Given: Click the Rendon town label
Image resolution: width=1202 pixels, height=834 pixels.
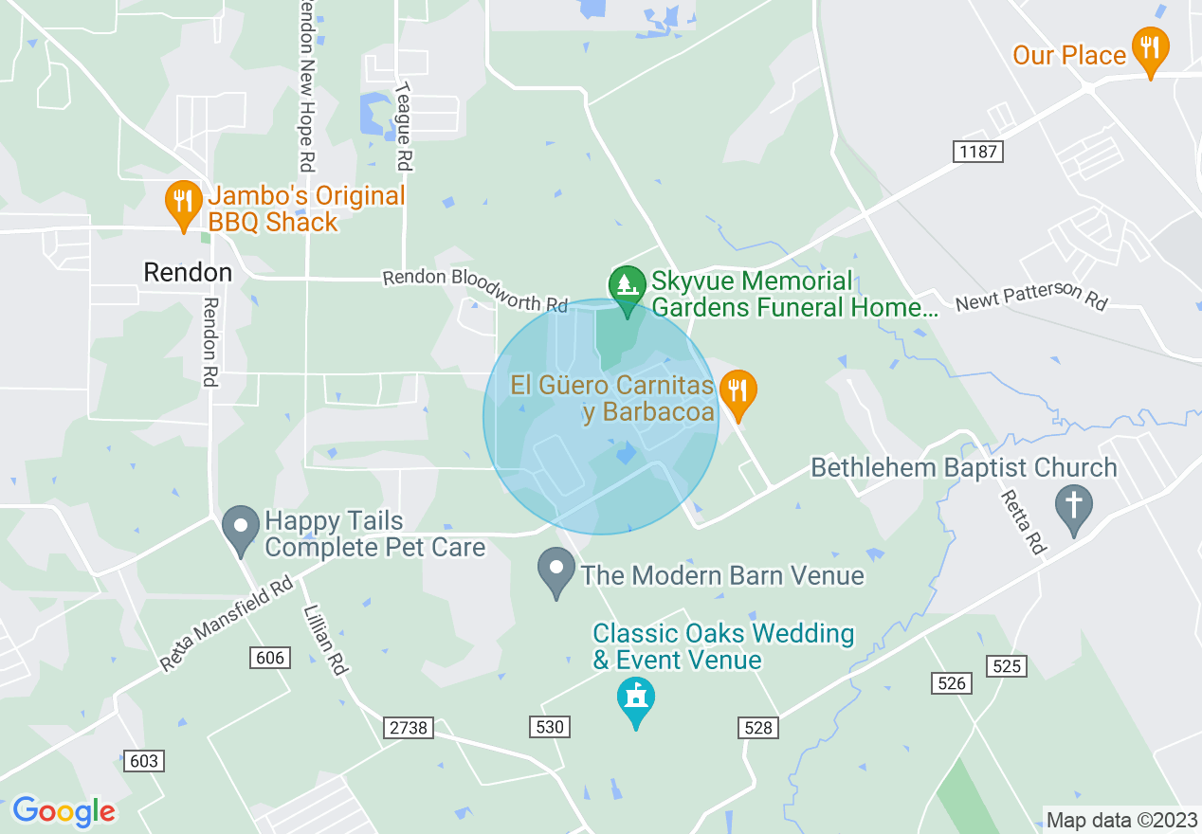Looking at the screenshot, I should click(188, 273).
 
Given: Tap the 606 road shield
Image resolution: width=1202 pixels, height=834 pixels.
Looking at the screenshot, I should click(270, 658).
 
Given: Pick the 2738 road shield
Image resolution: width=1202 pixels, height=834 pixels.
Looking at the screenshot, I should click(409, 728).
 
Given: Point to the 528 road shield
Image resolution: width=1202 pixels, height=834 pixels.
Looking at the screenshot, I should click(758, 727).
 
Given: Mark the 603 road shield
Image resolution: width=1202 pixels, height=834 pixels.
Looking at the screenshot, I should click(142, 761).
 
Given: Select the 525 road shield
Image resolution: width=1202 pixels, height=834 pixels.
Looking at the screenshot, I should click(1006, 666).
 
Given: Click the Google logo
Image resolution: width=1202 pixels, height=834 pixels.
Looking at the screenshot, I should click(64, 811).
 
